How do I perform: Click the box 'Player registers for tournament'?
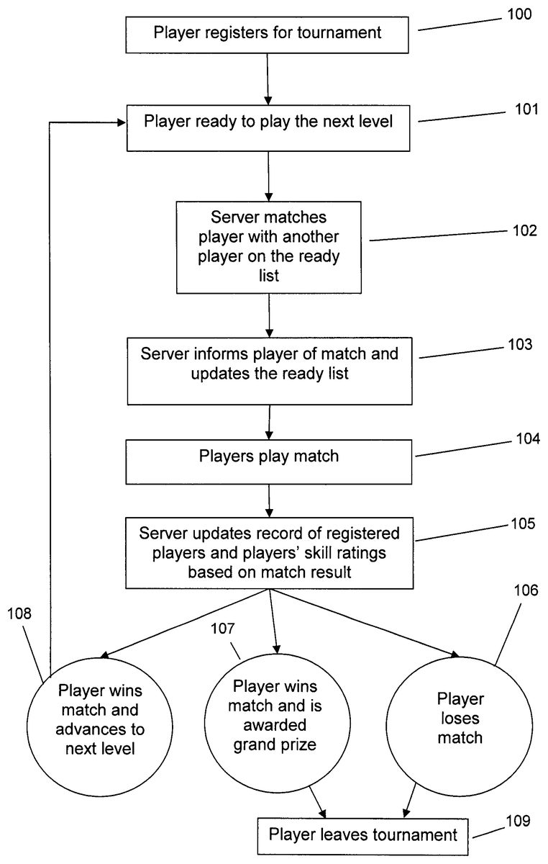268,34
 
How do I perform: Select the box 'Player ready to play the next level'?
268,122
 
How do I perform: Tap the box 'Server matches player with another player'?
268,246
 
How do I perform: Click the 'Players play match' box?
269,456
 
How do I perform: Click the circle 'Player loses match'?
460,718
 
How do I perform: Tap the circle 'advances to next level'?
100,718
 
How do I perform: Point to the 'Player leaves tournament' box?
362,834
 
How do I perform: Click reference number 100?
516,14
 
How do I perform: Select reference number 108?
21,613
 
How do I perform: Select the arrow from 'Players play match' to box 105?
269,501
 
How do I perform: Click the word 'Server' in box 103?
162,354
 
